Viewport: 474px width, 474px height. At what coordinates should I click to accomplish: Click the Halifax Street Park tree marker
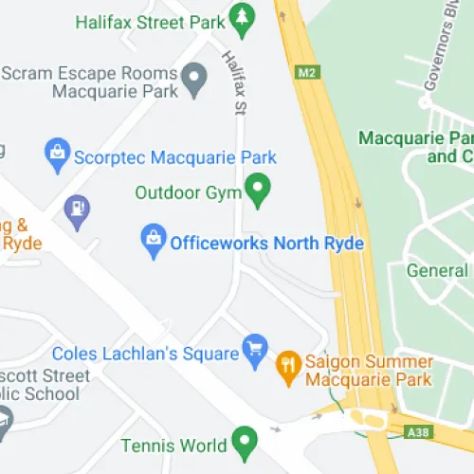243,20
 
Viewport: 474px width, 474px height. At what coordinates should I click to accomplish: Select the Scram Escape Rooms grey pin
194,80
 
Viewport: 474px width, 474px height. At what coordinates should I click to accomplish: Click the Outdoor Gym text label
188,192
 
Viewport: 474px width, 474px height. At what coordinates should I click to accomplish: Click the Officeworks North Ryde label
266,243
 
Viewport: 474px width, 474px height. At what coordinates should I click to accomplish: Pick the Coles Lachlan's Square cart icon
254,350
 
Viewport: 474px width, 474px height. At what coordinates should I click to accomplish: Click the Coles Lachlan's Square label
145,354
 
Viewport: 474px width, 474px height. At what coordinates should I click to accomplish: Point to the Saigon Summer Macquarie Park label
370,371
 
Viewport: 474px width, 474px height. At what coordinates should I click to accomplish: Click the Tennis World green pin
245,442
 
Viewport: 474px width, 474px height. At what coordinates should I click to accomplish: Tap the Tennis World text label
180,445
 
